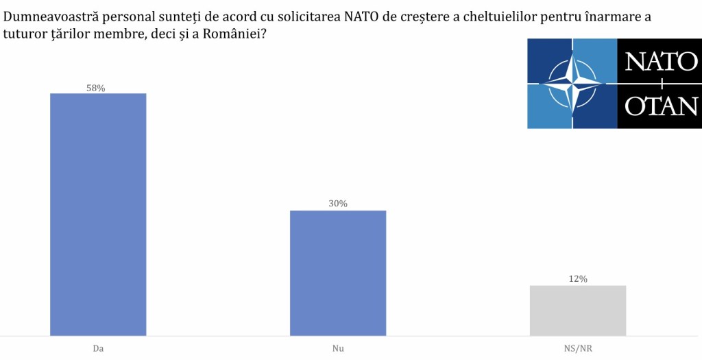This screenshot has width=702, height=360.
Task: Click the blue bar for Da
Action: [x=98, y=214]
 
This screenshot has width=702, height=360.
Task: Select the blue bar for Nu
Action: [x=338, y=273]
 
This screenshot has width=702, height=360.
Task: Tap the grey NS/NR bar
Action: [x=578, y=311]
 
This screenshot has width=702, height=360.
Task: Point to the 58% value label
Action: [x=96, y=88]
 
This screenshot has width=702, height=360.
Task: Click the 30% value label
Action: [x=338, y=204]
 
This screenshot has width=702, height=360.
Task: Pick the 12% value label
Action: [x=578, y=279]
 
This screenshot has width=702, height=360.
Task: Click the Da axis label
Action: [x=98, y=348]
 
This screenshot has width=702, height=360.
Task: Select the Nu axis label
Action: [x=338, y=348]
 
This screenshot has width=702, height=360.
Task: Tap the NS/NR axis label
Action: [x=578, y=348]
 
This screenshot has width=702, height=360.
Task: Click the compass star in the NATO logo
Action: [x=572, y=84]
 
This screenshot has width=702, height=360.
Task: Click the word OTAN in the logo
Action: [x=660, y=106]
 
